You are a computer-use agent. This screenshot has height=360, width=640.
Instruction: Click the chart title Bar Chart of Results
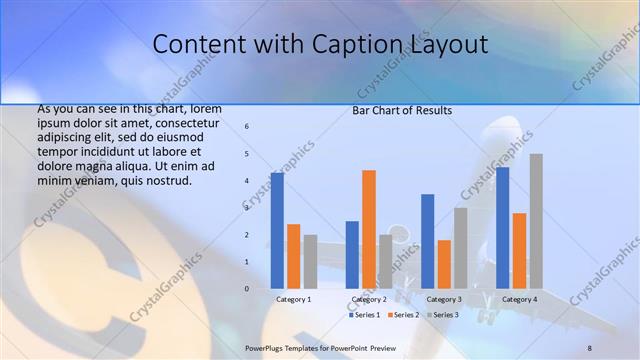tap(402, 110)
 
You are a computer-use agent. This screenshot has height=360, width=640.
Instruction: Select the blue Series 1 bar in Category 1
tap(277, 230)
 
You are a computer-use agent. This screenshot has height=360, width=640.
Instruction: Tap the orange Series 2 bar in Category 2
tap(369, 229)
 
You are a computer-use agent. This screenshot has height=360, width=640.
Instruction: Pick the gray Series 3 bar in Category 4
tap(536, 221)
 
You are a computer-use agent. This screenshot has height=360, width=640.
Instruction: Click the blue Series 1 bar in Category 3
tap(428, 241)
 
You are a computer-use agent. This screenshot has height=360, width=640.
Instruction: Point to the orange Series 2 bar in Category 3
tap(444, 264)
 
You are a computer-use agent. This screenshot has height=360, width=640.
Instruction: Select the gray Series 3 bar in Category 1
tap(310, 261)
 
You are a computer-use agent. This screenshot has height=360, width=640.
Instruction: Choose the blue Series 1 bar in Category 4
tap(502, 227)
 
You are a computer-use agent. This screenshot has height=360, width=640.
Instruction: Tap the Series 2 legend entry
tap(404, 315)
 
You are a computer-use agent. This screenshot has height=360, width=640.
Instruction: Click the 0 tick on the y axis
tap(247, 288)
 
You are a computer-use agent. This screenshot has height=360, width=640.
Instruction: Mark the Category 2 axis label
tap(369, 299)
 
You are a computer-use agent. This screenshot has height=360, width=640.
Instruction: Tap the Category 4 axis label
tap(519, 299)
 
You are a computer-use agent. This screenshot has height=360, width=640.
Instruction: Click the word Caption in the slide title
tap(380, 45)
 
